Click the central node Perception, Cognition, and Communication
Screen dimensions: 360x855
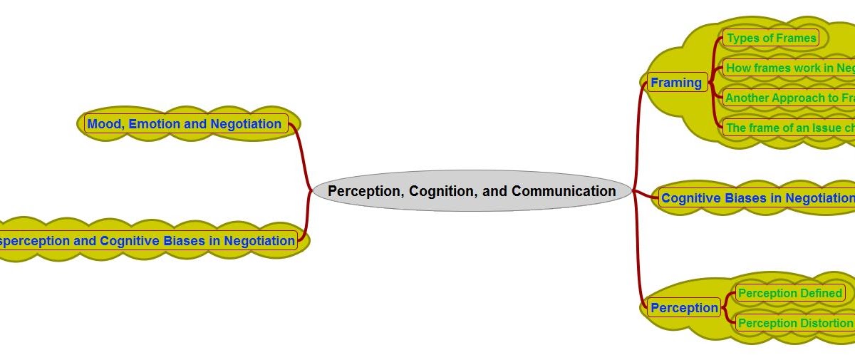(x=472, y=191)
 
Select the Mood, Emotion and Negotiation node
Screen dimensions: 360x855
(x=185, y=124)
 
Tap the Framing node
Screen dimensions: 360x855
(x=676, y=83)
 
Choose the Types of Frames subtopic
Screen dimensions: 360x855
(x=771, y=38)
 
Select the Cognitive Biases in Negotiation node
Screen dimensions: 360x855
(x=757, y=198)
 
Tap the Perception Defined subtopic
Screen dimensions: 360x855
(x=789, y=293)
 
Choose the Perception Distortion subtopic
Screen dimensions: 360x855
(x=794, y=323)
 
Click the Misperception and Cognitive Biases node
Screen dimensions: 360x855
(x=146, y=241)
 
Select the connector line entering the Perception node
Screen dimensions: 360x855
(x=638, y=278)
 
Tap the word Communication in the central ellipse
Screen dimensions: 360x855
(x=564, y=191)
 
